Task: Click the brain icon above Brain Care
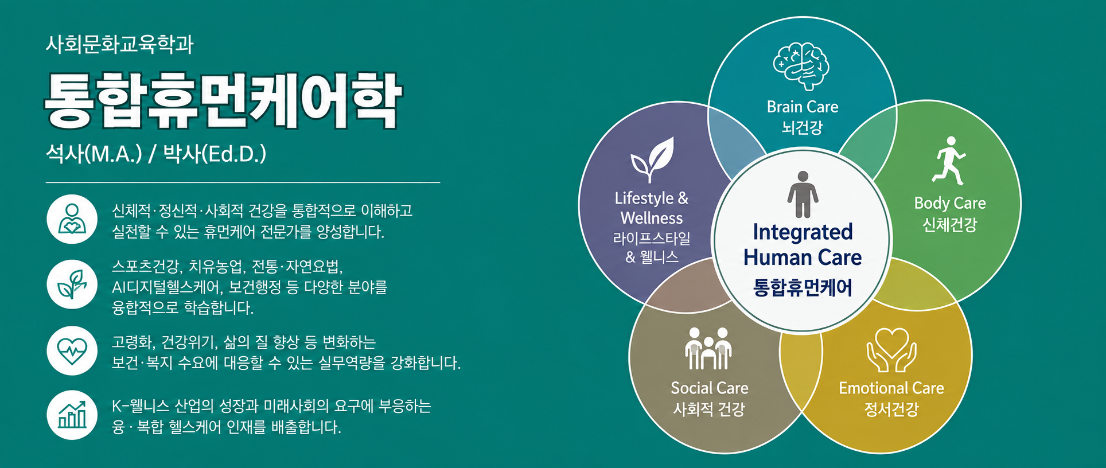point(801,66)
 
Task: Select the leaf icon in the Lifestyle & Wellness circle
point(652,159)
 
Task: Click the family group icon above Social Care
point(708,348)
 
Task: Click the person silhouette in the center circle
point(803,194)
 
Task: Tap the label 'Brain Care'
point(803,107)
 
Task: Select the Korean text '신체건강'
point(949,224)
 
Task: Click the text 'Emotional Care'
point(891,388)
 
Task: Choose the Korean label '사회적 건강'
point(709,409)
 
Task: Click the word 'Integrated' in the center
point(803,232)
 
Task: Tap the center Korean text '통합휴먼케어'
point(803,287)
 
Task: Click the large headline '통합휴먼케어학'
point(223,100)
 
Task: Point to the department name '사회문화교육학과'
point(120,44)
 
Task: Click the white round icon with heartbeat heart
point(72,350)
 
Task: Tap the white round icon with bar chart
point(72,415)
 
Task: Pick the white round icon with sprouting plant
point(72,284)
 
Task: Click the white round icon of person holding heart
point(72,219)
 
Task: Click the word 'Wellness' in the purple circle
point(652,218)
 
